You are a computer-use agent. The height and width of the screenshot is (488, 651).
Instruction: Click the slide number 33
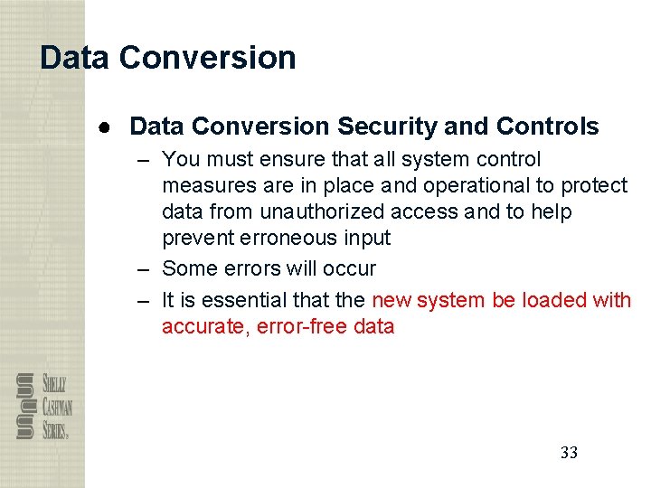569,453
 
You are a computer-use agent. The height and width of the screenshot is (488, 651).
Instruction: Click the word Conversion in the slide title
207,58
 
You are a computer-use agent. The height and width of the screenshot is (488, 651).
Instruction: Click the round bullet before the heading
105,127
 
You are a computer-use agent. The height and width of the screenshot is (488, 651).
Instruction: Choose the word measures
203,185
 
